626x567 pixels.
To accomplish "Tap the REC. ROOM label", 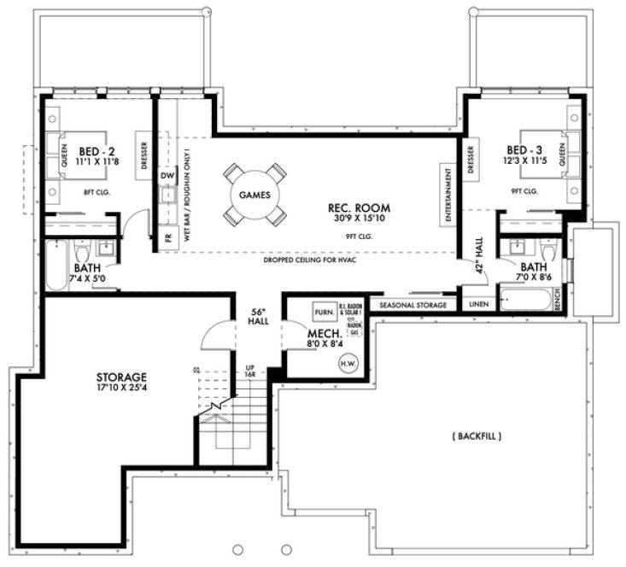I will point(360,208).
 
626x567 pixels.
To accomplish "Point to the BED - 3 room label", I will point(524,148).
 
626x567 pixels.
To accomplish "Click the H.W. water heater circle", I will point(348,363).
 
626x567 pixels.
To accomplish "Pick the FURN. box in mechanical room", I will point(323,310).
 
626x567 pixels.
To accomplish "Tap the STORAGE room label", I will point(121,377).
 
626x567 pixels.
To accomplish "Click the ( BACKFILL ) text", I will point(475,436).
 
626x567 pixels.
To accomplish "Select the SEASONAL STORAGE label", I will point(413,305).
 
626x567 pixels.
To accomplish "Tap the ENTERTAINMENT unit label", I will point(447,195).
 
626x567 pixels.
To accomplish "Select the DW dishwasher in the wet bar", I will point(167,177).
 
